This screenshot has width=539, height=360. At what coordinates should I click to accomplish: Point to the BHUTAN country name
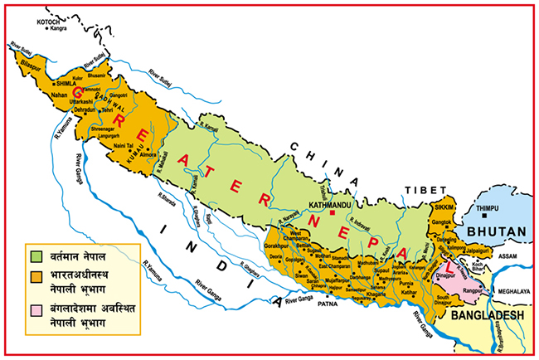[x=496, y=231]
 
